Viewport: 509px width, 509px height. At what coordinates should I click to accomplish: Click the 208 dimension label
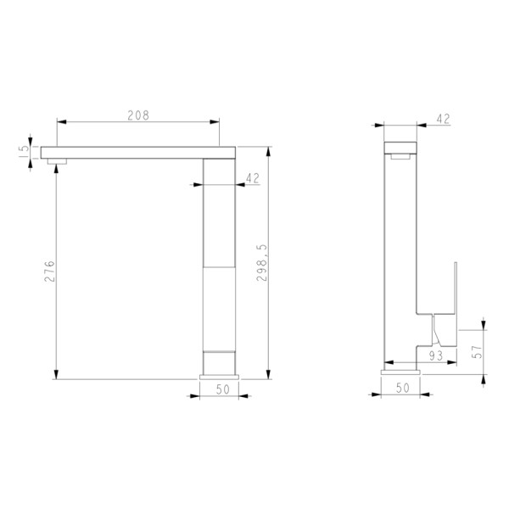pos(138,115)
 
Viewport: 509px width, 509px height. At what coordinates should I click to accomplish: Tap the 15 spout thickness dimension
pos(25,152)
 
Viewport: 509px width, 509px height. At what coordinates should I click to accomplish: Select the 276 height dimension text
pos(49,271)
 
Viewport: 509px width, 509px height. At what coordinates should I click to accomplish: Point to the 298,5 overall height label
pos(261,263)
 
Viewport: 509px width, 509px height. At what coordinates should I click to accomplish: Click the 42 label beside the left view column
pos(253,178)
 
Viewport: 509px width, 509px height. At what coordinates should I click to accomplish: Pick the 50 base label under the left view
pos(222,389)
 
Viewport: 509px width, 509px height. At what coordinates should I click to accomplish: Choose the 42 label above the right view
pos(443,119)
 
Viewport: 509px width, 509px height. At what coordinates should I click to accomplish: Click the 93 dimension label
pos(436,356)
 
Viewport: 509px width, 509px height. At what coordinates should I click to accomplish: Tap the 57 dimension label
pos(477,351)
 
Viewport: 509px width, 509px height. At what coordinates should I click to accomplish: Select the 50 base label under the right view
pos(403,388)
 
